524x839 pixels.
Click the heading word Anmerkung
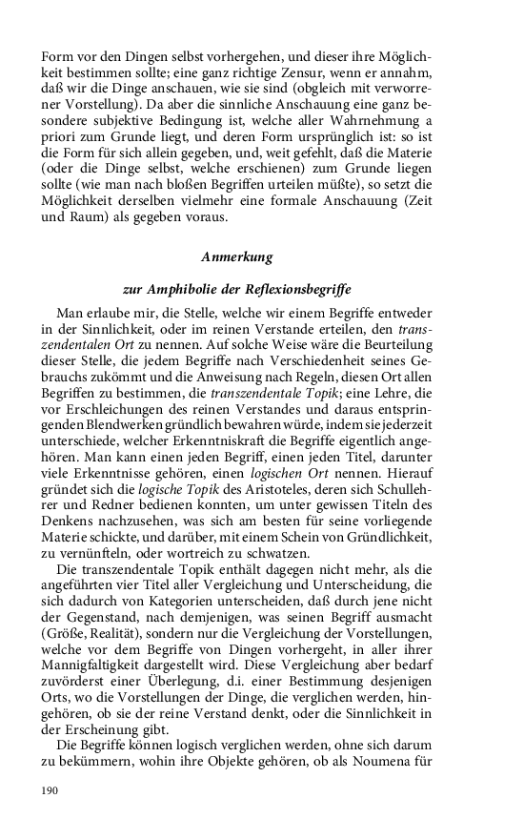click(x=237, y=257)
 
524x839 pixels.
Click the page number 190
click(x=50, y=790)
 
